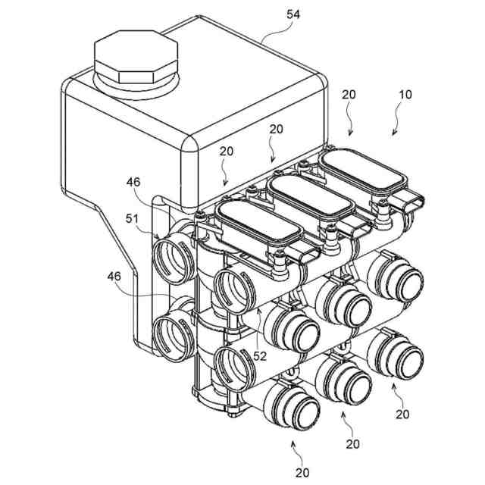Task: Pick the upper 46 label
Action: tap(133, 182)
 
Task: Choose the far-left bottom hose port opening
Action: tap(173, 334)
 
